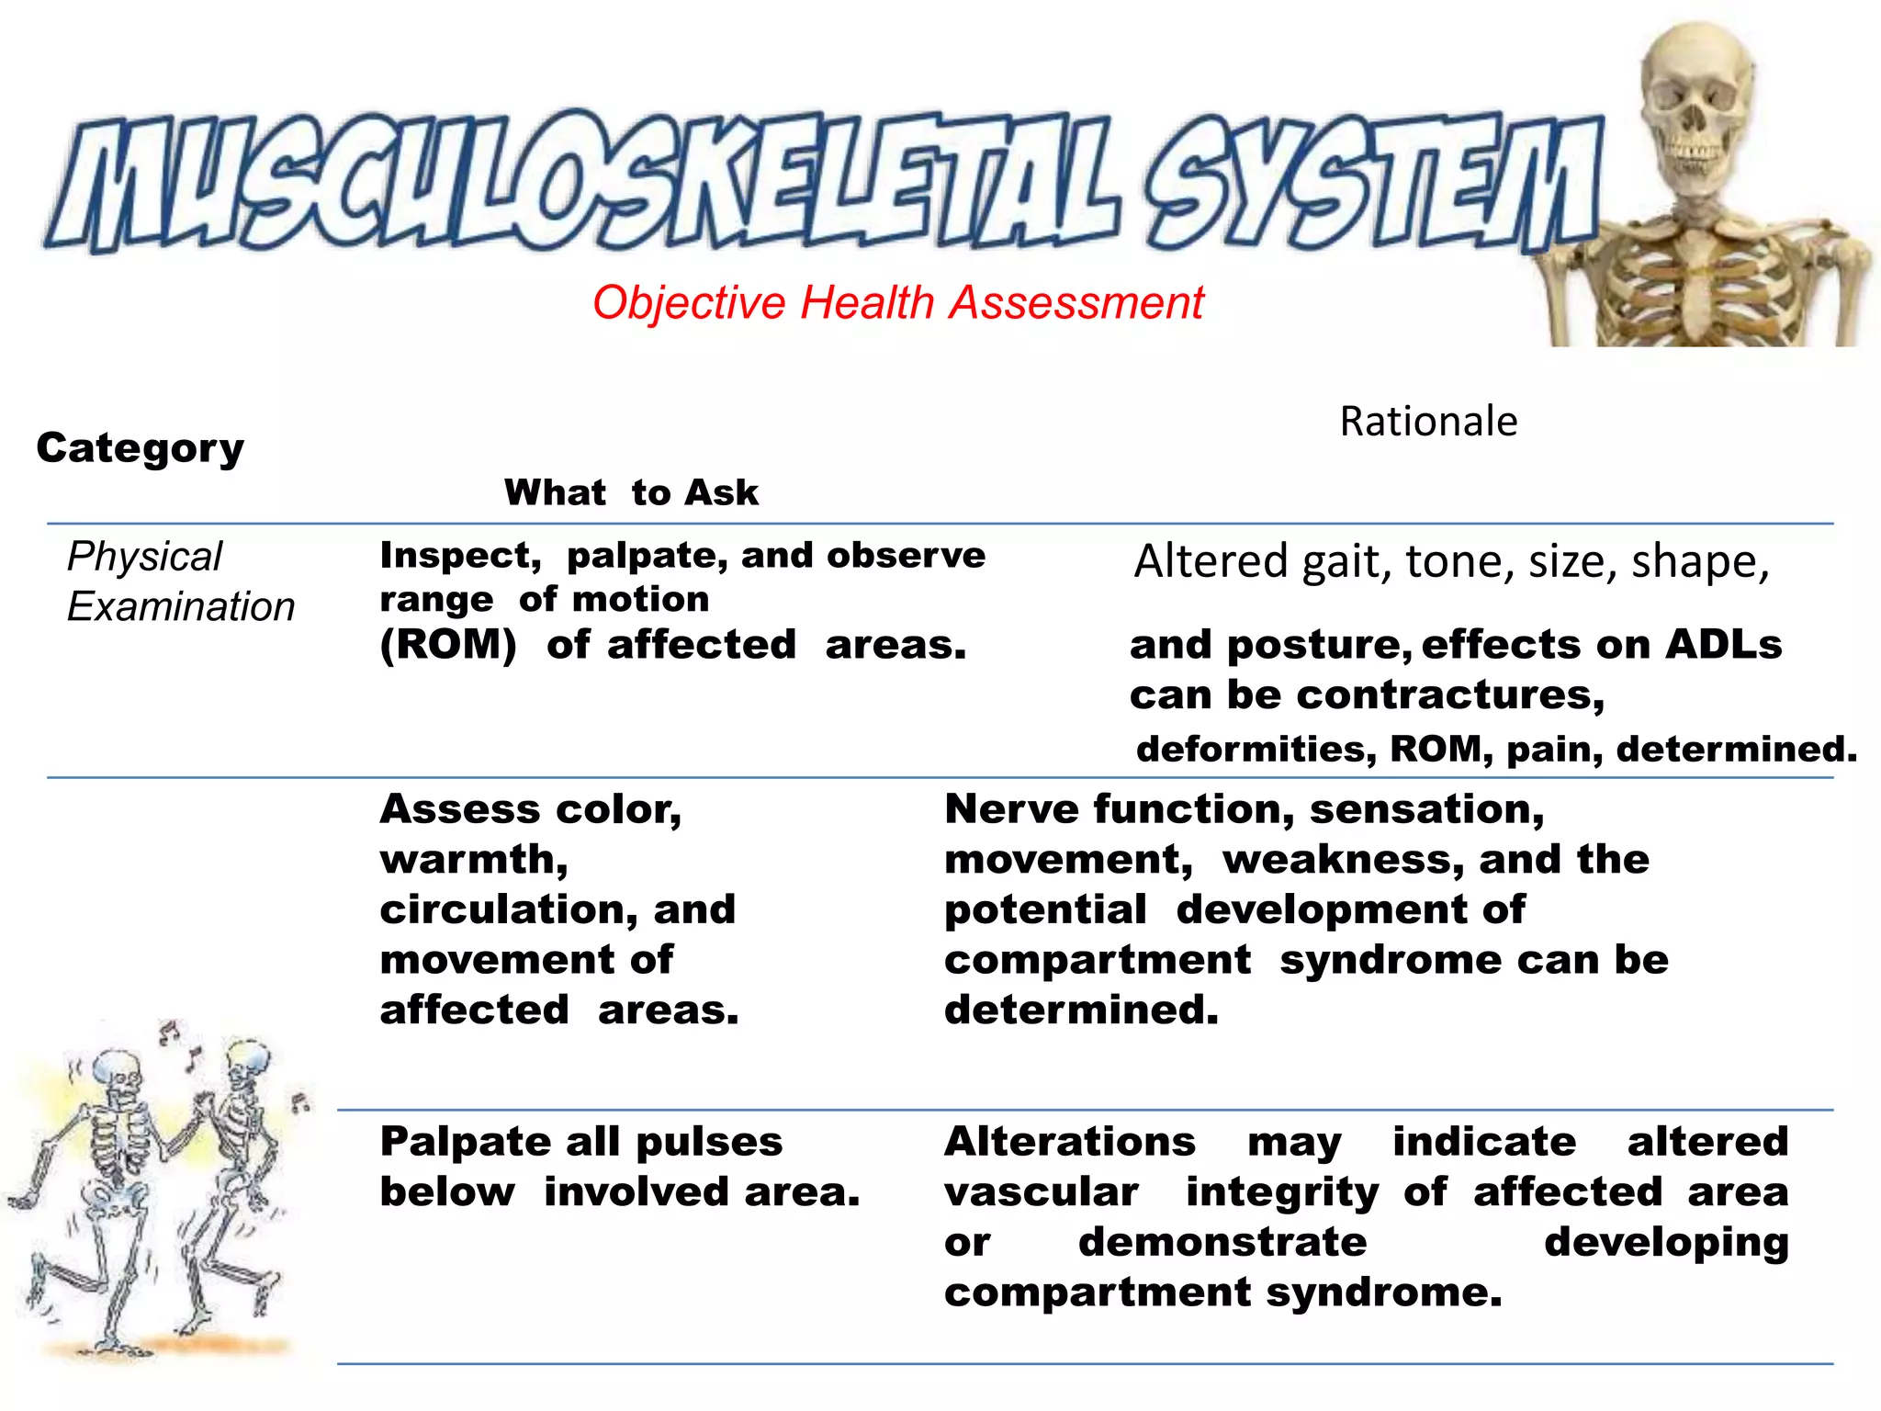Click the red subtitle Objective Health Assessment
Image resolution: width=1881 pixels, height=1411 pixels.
point(897,302)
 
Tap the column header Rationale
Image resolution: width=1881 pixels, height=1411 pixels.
point(1428,422)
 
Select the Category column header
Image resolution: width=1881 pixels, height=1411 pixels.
point(141,448)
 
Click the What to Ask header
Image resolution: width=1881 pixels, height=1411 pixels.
point(631,493)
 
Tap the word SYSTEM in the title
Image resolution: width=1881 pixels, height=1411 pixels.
point(1369,184)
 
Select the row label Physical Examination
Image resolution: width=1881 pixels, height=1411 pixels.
point(181,581)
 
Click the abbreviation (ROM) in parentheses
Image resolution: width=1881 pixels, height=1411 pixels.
point(448,644)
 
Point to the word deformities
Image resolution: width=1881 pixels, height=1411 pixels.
point(1256,750)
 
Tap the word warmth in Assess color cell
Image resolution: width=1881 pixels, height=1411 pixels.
point(474,860)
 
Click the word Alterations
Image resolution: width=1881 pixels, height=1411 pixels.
point(1070,1142)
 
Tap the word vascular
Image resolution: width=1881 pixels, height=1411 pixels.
point(1042,1192)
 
